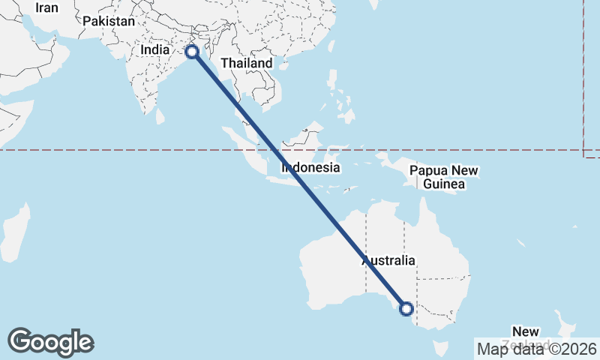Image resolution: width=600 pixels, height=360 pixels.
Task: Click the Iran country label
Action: pyautogui.click(x=46, y=7)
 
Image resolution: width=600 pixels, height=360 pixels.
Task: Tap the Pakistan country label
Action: pyautogui.click(x=109, y=21)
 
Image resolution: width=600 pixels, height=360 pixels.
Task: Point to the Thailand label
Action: pyautogui.click(x=247, y=64)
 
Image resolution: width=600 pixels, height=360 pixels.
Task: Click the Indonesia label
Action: pyautogui.click(x=311, y=168)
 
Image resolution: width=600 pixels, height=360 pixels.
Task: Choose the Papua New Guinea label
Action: pyautogui.click(x=444, y=177)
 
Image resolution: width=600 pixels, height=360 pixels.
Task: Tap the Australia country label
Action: pyautogui.click(x=388, y=261)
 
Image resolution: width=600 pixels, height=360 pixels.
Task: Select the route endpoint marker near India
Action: pyautogui.click(x=192, y=52)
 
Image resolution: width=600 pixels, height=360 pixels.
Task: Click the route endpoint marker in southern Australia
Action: pyautogui.click(x=406, y=308)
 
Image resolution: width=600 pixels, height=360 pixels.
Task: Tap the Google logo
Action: pyautogui.click(x=50, y=342)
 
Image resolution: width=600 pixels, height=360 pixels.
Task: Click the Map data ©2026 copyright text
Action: pyautogui.click(x=537, y=349)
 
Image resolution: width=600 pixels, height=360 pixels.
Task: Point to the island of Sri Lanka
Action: pyautogui.click(x=160, y=116)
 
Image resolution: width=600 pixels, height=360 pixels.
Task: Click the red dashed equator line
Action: pyautogui.click(x=112, y=150)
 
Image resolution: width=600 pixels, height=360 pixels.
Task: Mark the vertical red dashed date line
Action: pyautogui.click(x=583, y=75)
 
